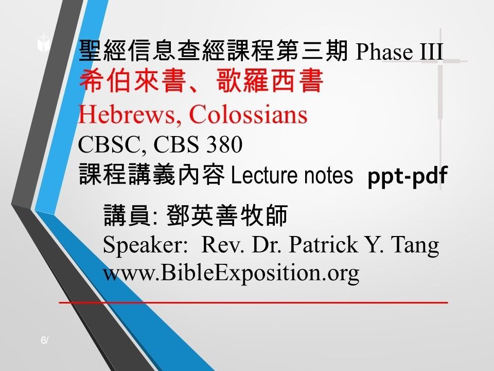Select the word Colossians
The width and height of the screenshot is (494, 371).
(248, 115)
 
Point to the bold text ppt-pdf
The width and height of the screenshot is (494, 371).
(407, 176)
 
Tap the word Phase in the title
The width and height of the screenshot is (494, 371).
(383, 52)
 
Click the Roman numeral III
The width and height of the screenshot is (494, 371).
(430, 52)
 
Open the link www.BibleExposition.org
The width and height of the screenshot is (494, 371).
(231, 273)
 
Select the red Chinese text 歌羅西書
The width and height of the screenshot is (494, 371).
(269, 82)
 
